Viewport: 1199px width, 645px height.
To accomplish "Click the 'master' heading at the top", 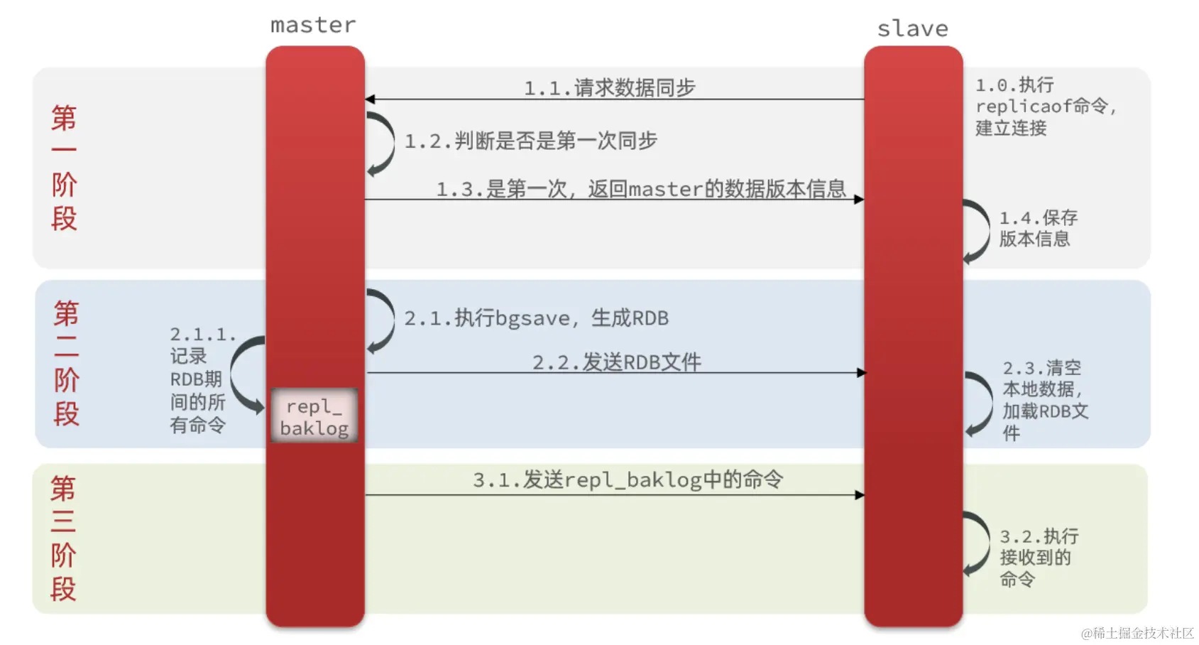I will (x=313, y=26).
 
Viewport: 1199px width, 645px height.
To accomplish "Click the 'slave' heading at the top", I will (x=913, y=29).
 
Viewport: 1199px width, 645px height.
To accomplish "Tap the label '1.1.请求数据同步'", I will (x=609, y=88).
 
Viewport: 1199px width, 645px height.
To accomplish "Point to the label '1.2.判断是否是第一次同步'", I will (x=530, y=141).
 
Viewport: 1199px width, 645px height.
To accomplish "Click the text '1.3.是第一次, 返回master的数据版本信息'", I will (x=640, y=189).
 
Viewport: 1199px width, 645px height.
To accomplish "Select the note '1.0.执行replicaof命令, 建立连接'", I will (x=1045, y=107).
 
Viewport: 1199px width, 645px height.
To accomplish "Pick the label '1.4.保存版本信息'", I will (x=1037, y=228).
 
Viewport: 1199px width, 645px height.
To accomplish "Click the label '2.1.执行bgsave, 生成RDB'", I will (x=536, y=318).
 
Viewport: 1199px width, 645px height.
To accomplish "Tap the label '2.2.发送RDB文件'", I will (x=616, y=362).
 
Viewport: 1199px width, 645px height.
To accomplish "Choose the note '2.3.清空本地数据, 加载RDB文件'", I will (x=1044, y=401).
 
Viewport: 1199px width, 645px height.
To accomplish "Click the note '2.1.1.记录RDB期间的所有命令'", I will (x=199, y=380).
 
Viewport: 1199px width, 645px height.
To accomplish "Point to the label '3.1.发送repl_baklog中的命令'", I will (x=628, y=479).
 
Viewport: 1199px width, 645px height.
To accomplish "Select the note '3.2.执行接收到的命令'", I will (x=1038, y=558).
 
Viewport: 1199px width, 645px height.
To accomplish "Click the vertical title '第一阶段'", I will (x=64, y=168).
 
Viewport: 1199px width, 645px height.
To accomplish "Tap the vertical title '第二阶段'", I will (x=66, y=363).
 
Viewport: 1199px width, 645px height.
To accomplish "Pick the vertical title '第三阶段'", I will (x=63, y=538).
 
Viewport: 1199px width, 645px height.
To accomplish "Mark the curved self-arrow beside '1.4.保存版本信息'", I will (x=978, y=232).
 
